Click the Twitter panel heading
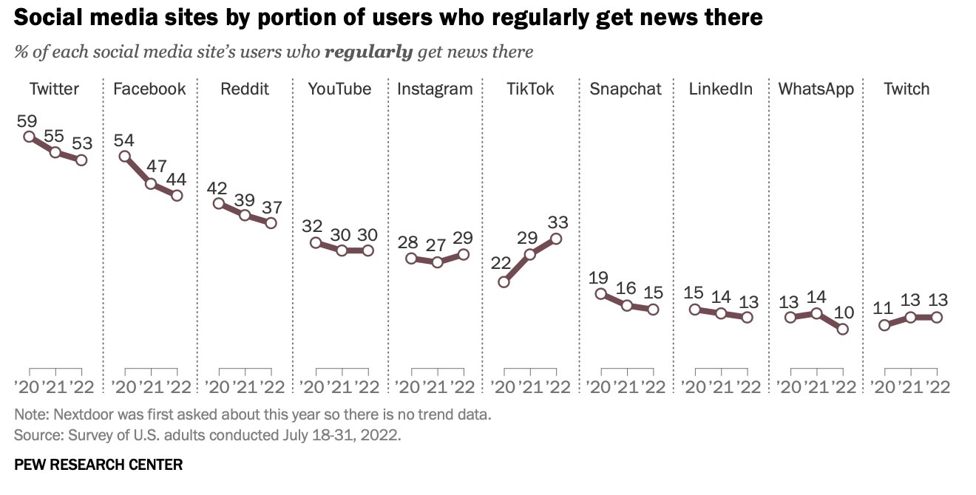tap(54, 89)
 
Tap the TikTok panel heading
tap(530, 89)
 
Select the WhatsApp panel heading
tap(816, 89)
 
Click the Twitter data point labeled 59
tap(29, 136)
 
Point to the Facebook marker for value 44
tap(177, 195)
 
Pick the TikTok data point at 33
tap(556, 239)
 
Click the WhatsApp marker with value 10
tap(843, 329)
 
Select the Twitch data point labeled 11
tap(884, 324)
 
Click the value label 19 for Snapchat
tap(598, 278)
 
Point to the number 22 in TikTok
tap(501, 264)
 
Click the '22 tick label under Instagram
tap(461, 386)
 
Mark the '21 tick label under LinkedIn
tap(720, 386)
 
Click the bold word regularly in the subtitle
tap(368, 52)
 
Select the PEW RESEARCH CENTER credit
tap(98, 465)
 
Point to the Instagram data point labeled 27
tap(437, 262)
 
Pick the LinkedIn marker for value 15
tap(694, 309)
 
